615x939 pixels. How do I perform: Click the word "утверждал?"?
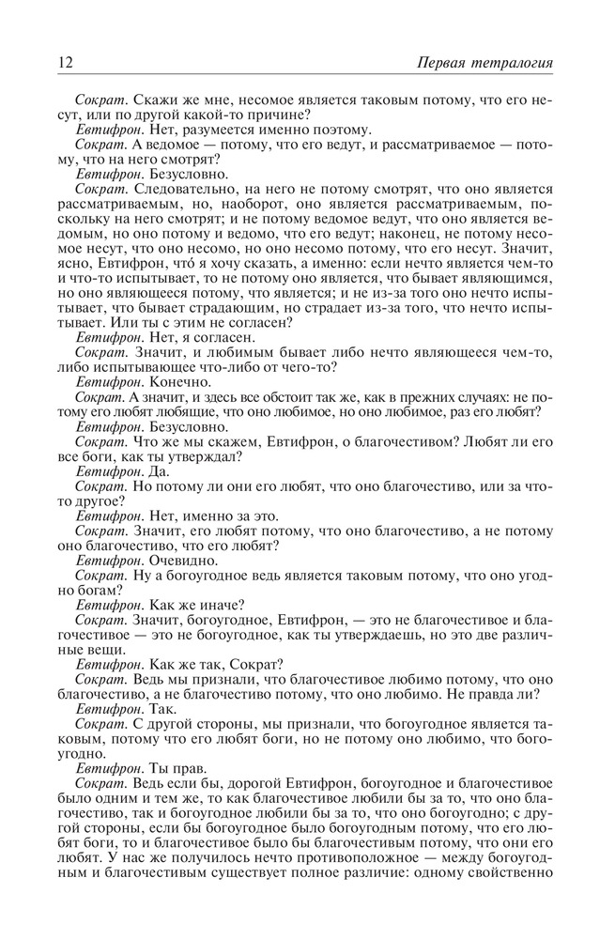point(205,456)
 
